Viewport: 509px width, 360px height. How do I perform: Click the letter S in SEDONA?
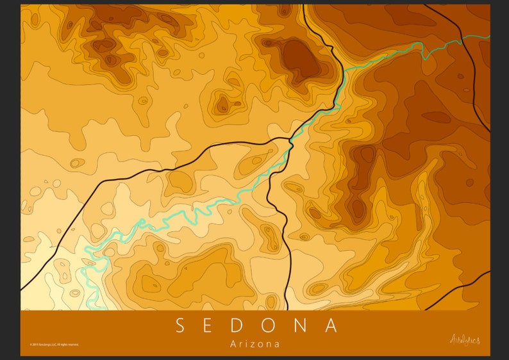pos(180,325)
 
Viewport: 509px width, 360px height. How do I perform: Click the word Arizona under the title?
pos(254,344)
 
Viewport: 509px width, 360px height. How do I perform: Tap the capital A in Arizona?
pos(233,344)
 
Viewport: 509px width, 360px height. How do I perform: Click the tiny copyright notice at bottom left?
pos(54,345)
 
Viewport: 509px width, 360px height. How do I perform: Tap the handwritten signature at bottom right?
pos(465,340)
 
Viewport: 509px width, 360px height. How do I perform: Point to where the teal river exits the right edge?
pos(489,36)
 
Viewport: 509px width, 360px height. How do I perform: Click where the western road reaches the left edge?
pos(22,289)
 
